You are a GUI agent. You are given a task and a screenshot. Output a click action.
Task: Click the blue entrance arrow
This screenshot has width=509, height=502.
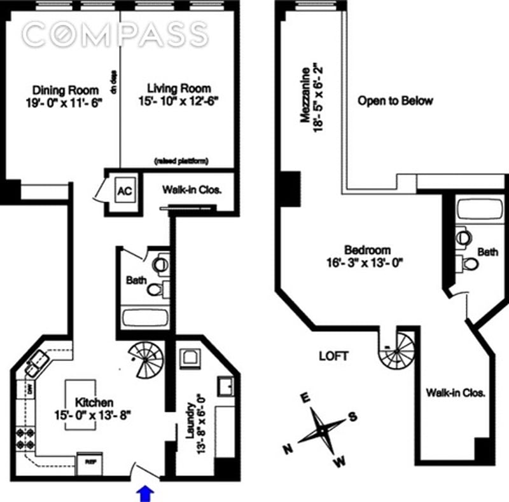(146, 492)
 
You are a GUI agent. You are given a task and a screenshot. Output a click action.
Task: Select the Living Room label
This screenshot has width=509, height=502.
(178, 94)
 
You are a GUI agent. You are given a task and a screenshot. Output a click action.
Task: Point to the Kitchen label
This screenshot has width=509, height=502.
(94, 408)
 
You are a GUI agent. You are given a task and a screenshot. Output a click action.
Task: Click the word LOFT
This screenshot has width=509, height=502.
(333, 356)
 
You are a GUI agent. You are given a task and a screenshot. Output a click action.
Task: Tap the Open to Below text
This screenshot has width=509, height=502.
(395, 100)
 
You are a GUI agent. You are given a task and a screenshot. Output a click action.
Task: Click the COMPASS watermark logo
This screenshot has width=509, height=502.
(115, 34)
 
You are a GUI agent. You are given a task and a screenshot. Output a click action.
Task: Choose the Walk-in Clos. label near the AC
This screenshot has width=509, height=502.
(191, 189)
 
